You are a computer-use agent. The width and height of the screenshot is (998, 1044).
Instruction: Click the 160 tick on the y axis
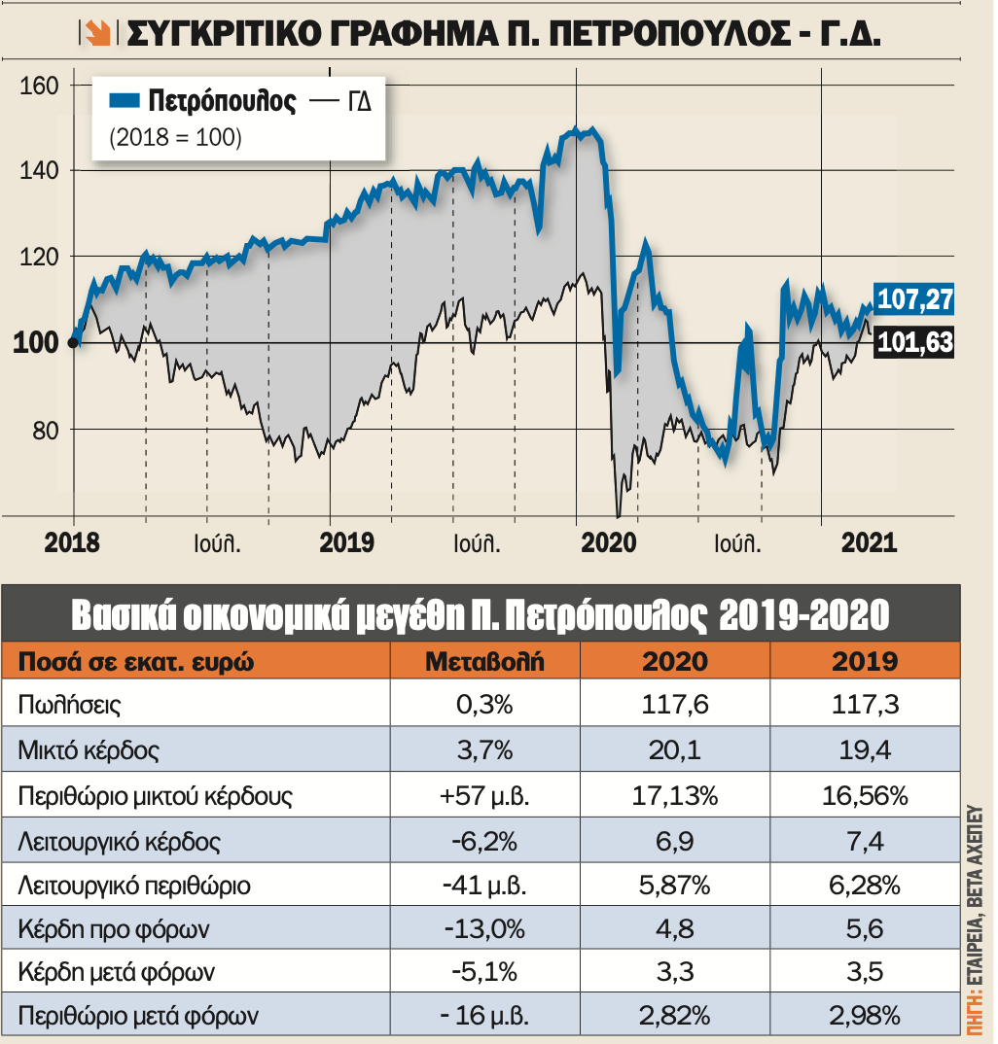(x=39, y=86)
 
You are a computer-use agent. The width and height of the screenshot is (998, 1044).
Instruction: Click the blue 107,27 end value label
(x=913, y=299)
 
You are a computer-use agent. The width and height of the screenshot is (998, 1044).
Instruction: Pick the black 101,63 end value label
(x=913, y=342)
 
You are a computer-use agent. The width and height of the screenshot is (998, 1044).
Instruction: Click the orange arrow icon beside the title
(x=95, y=35)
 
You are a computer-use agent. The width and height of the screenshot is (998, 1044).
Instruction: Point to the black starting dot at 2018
(x=74, y=341)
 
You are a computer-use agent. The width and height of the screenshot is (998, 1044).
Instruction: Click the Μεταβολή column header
(x=484, y=662)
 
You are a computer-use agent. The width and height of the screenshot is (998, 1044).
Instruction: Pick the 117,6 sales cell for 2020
(x=674, y=706)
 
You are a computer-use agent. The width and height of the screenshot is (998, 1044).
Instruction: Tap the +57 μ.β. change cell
(x=484, y=796)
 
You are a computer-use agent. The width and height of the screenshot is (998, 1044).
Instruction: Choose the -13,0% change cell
(x=484, y=930)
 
